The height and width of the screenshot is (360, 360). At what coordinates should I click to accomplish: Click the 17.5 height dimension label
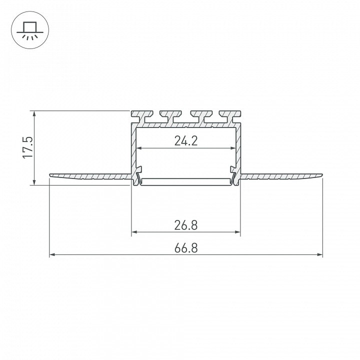tap(28, 147)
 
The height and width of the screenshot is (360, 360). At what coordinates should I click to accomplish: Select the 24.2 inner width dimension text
tap(186, 140)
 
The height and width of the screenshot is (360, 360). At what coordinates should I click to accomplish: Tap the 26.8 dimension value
tap(186, 225)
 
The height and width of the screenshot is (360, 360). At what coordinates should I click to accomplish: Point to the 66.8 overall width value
tap(186, 248)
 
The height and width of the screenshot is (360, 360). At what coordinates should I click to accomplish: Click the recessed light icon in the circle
tap(30, 30)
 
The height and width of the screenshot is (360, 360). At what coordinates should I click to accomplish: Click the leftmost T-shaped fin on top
tap(142, 116)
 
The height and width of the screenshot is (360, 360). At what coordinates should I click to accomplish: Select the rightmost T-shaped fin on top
tap(230, 116)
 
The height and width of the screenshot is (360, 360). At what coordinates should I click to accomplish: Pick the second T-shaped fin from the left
tap(171, 116)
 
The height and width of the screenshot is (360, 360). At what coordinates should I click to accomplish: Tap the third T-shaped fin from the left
tap(201, 116)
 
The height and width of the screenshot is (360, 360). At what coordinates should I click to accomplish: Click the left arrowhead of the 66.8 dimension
tap(52, 254)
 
